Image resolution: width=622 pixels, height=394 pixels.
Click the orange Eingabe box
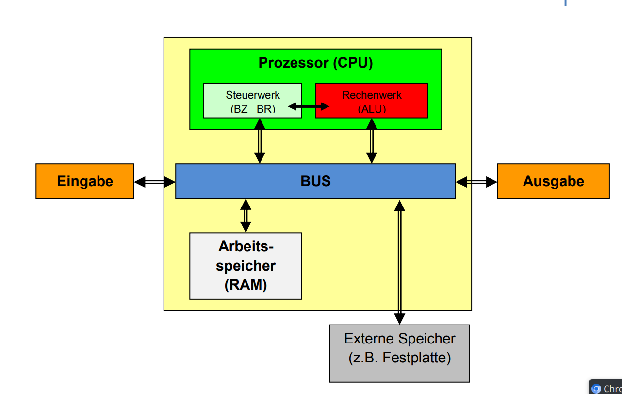pos(85,181)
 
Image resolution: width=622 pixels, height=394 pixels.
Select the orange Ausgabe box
pos(554,181)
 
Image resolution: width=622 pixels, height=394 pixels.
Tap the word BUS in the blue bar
pos(315,181)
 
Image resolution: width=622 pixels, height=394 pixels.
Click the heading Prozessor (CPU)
pos(315,63)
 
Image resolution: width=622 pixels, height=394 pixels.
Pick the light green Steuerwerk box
pos(253,101)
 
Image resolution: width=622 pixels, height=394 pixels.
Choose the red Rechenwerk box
pos(372,101)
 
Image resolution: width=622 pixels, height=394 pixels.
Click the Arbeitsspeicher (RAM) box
pos(246,266)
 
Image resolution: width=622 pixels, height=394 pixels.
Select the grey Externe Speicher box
pos(400,353)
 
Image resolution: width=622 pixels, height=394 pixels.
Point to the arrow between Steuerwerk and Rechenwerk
pos(309,106)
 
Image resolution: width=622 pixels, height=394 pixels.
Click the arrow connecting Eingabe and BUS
pos(155,182)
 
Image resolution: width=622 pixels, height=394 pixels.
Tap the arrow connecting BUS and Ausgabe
pos(476,182)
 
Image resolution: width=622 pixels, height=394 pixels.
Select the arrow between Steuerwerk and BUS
pos(260,141)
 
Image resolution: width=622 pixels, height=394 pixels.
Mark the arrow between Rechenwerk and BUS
pos(372,141)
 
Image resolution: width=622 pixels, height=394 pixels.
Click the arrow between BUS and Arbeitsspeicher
pos(246,216)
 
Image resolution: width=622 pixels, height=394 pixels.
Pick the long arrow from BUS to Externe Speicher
pos(400,262)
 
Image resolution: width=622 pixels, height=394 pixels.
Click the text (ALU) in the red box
pos(372,109)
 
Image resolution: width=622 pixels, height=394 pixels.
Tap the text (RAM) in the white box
pos(246,285)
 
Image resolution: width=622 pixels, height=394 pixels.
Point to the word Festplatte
pos(416,358)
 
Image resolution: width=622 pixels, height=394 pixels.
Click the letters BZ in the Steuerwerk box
pos(239,109)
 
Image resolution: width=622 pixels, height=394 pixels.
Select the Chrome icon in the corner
pos(596,389)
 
